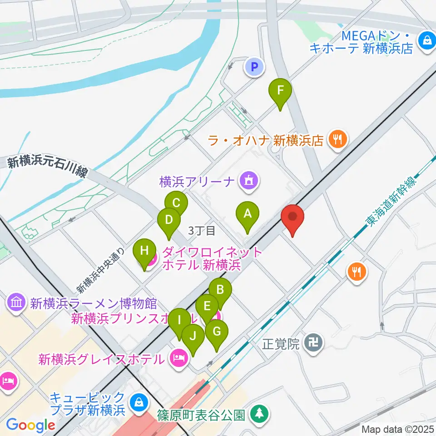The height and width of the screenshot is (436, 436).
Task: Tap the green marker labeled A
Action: pyautogui.click(x=248, y=213)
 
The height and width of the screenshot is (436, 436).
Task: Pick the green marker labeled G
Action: pyautogui.click(x=216, y=332)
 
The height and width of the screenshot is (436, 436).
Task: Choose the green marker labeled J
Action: pyautogui.click(x=193, y=337)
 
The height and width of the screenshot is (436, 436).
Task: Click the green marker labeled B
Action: pyautogui.click(x=220, y=290)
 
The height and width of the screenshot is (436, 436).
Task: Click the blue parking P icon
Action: pyautogui.click(x=254, y=68)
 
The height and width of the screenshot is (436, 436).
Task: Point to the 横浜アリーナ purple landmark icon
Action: pyautogui.click(x=249, y=181)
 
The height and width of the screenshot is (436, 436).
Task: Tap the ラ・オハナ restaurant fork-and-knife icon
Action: pyautogui.click(x=337, y=139)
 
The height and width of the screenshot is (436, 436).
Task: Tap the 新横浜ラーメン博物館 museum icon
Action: pyautogui.click(x=16, y=302)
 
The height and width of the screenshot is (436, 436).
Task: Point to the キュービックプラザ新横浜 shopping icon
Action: pyautogui.click(x=137, y=402)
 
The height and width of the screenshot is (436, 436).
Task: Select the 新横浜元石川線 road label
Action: pyautogui.click(x=47, y=168)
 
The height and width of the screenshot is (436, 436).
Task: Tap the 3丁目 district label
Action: pyautogui.click(x=202, y=231)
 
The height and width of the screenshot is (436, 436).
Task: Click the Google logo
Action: pyautogui.click(x=30, y=425)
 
